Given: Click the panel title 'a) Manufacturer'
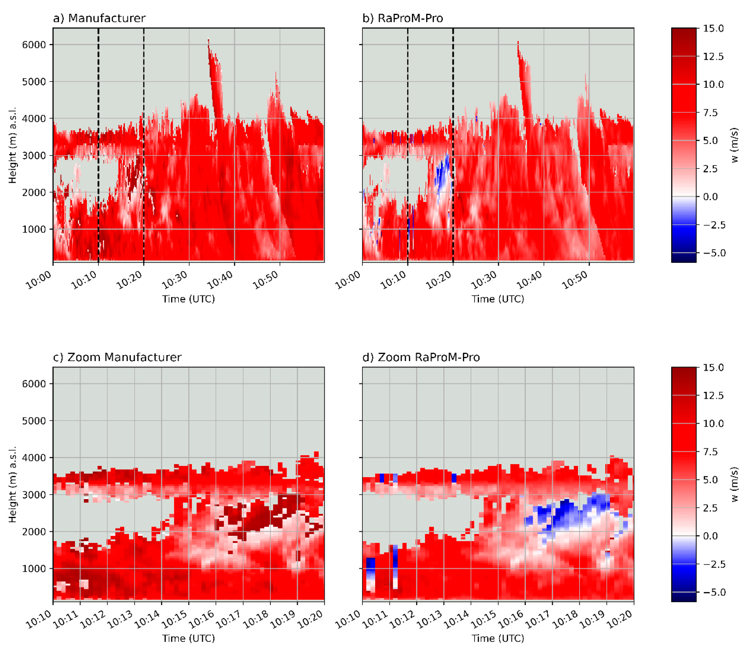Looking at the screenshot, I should tap(99, 18).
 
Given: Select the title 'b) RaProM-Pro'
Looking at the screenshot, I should tap(403, 18).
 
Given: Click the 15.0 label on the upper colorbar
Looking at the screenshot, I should tap(713, 28).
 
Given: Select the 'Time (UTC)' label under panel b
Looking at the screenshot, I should tap(498, 299).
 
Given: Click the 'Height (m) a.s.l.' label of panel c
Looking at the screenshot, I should tap(12, 484).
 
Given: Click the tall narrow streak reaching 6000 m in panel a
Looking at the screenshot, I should tap(215, 80).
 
